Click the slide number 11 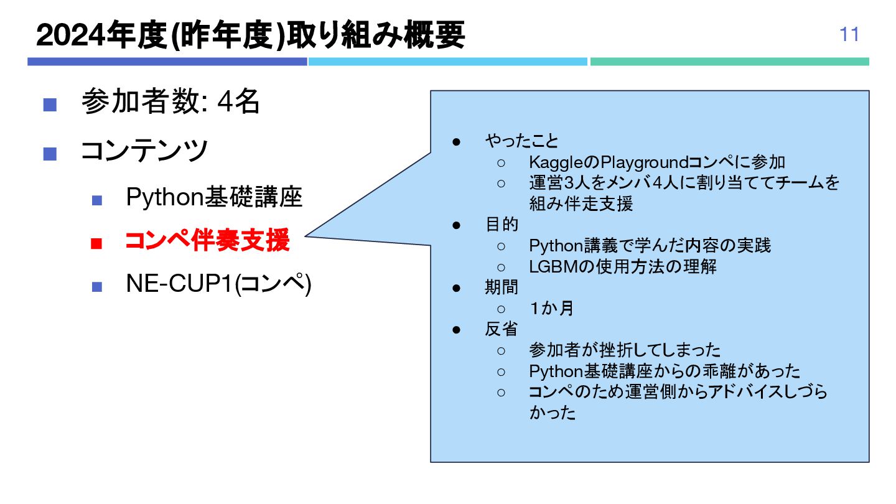coord(849,35)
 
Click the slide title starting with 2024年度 coord(250,36)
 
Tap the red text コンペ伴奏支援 coord(207,241)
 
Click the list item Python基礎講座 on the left coord(214,197)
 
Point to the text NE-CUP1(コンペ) coord(218,284)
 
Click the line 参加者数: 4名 coord(170,102)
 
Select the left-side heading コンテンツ coord(144,150)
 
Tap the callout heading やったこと coord(521,141)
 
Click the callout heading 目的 coord(502,224)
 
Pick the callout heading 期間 coord(502,287)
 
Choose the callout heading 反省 coord(502,329)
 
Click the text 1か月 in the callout coord(551,309)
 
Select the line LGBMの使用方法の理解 coord(622,266)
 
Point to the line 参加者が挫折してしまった coord(624,350)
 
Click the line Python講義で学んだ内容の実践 coord(650,245)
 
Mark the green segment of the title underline coord(729,62)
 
